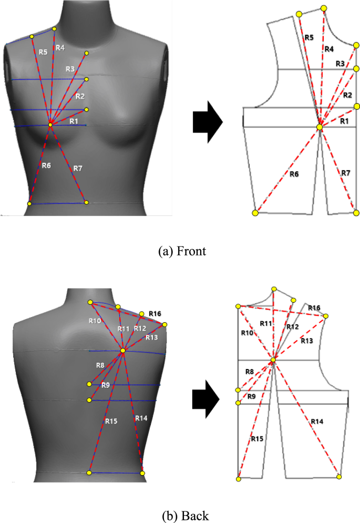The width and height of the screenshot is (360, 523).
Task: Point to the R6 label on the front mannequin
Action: [x=46, y=166]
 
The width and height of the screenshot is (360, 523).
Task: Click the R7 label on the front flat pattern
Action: [x=345, y=173]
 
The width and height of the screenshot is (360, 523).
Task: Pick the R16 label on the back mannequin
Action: [x=155, y=313]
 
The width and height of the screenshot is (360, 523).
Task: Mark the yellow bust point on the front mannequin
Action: [x=50, y=125]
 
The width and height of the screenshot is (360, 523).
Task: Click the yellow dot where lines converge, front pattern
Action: [x=320, y=127]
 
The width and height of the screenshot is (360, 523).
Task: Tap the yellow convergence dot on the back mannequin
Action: [x=122, y=351]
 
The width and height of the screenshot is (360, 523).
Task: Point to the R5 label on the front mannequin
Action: [x=43, y=52]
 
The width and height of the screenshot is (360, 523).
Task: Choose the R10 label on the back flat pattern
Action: [x=246, y=333]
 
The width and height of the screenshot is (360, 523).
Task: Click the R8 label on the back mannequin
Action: [x=100, y=365]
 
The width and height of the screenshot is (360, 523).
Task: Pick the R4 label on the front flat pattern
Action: [x=328, y=49]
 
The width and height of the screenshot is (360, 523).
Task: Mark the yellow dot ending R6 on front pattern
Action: [x=255, y=213]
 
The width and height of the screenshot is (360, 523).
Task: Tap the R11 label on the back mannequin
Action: [x=124, y=329]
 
